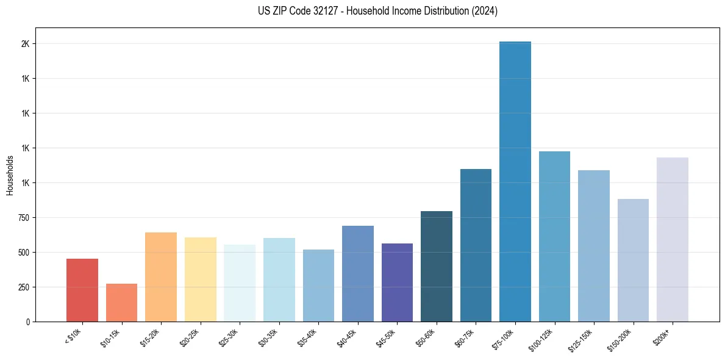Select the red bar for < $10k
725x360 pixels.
[82, 290]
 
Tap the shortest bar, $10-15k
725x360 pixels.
[121, 303]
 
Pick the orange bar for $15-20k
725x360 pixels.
[161, 277]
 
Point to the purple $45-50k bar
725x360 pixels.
[397, 283]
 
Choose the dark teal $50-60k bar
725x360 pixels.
[437, 266]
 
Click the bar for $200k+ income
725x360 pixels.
[673, 239]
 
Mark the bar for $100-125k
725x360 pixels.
[554, 236]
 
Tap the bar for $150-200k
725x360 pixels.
[633, 260]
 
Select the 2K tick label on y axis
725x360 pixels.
[26, 44]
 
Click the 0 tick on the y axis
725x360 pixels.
[28, 322]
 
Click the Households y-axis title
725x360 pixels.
[10, 175]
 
